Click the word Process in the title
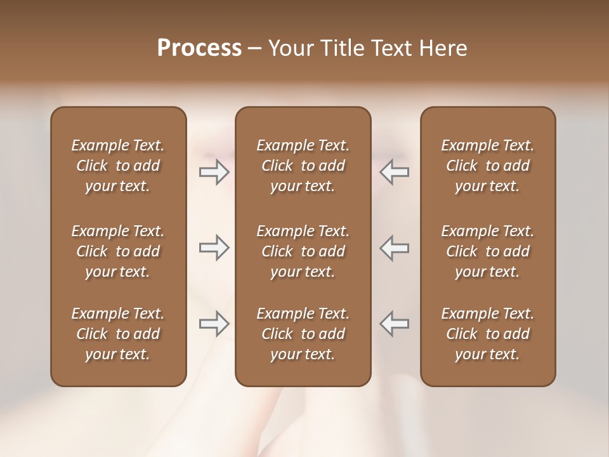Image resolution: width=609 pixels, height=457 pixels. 199,48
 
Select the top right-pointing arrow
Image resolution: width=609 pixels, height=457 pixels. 214,172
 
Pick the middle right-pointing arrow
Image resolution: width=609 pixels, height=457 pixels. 214,248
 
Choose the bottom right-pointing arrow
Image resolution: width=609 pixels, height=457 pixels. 214,324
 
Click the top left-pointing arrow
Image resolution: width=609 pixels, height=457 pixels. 394,172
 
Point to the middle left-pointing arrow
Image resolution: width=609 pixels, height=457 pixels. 394,248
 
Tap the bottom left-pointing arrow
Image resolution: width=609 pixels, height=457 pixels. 394,324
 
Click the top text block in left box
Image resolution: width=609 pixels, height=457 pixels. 118,166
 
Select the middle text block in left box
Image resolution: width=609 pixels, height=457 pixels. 118,251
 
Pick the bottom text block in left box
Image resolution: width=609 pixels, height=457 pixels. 118,334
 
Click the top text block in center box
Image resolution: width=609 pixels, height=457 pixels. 303,166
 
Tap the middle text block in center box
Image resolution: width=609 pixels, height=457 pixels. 303,251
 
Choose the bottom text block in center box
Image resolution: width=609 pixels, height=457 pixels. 303,334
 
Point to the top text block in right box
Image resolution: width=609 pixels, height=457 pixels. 487,166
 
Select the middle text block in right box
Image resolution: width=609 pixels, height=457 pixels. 487,251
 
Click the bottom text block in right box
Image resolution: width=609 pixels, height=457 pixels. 487,334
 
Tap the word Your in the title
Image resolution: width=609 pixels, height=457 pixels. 289,48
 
